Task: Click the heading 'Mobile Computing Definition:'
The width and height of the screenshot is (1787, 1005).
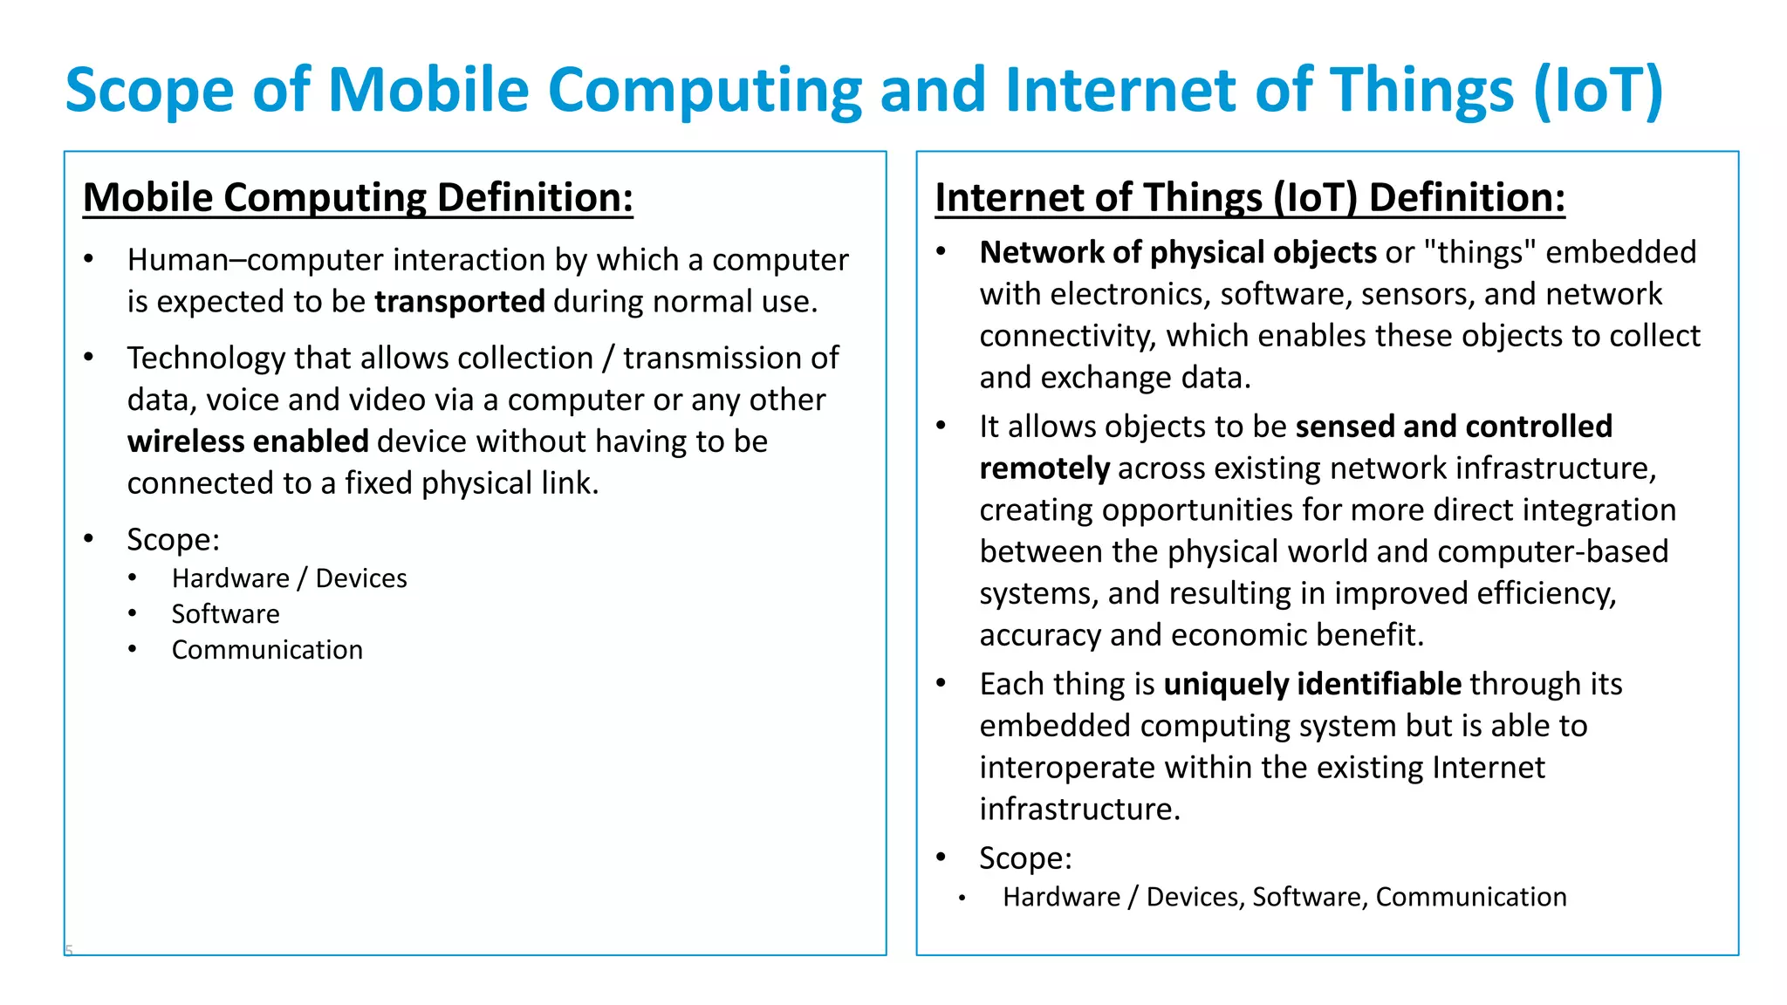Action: coord(358,197)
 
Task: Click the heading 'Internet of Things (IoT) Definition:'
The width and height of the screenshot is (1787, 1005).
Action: coord(1250,197)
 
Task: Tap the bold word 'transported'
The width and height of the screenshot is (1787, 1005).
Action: coord(460,302)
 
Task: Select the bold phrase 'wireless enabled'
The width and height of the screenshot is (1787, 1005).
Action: coord(248,441)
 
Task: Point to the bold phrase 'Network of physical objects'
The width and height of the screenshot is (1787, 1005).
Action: coord(1178,253)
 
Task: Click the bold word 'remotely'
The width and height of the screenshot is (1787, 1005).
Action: coord(1044,469)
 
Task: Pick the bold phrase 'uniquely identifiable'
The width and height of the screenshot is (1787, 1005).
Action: coord(1312,685)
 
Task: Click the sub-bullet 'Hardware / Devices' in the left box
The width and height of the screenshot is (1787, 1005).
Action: coord(289,578)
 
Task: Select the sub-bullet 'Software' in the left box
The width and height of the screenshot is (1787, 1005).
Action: coord(225,614)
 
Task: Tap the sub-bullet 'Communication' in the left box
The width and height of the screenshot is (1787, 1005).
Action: coord(267,650)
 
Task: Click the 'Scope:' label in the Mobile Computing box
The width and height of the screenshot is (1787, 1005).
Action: coord(173,540)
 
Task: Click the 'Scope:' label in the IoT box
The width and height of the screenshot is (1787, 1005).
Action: coord(1025,858)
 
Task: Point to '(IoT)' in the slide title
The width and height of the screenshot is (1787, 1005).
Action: coord(1598,90)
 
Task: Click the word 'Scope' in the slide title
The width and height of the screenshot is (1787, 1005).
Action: coord(149,90)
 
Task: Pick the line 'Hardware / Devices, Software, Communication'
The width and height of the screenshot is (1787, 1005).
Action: coord(1284,897)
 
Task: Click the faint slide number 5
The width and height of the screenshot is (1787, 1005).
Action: coord(69,950)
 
